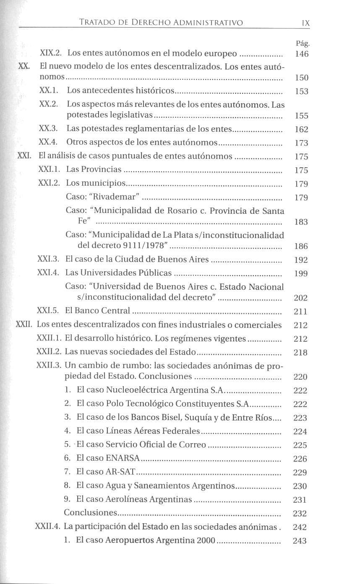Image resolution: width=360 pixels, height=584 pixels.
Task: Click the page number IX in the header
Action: pyautogui.click(x=305, y=23)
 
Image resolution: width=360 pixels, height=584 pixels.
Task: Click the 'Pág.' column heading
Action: pyautogui.click(x=302, y=43)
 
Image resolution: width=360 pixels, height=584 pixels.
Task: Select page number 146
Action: pyautogui.click(x=302, y=54)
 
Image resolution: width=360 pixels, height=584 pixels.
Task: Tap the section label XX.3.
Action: pyautogui.click(x=51, y=129)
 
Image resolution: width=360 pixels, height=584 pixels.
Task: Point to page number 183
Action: pyautogui.click(x=301, y=222)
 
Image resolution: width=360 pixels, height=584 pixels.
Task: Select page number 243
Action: pyautogui.click(x=300, y=541)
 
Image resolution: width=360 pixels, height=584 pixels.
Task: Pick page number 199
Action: pyautogui.click(x=301, y=274)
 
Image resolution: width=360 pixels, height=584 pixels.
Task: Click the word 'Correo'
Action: pyautogui.click(x=194, y=445)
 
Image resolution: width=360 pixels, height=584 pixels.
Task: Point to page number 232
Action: pyautogui.click(x=300, y=514)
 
